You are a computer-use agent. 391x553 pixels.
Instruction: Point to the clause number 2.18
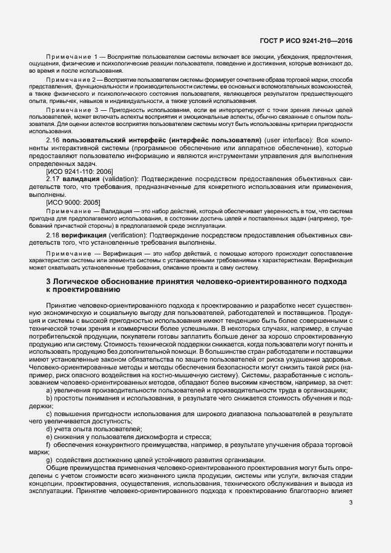point(53,233)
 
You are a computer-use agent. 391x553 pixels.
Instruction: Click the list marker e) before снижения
point(49,437)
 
